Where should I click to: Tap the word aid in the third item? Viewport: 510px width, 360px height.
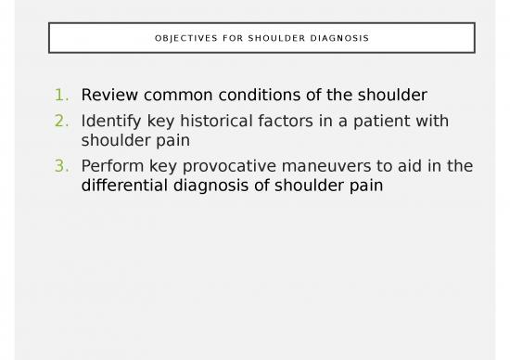coord(409,166)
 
